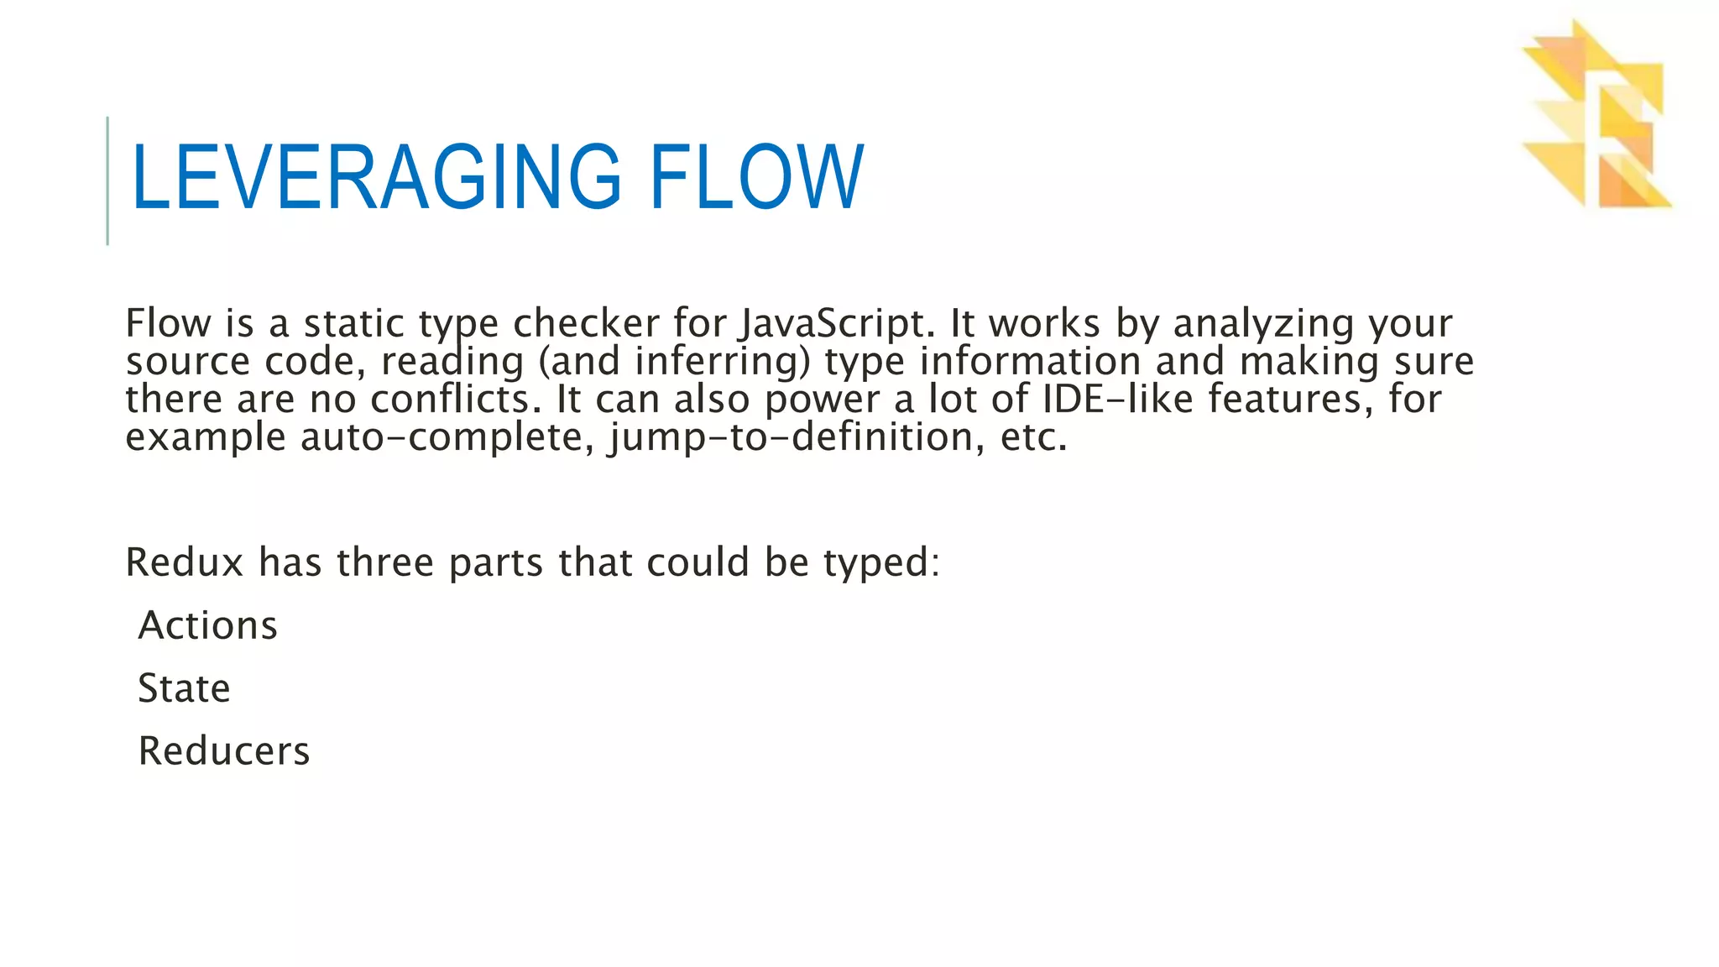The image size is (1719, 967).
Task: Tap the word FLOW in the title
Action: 756,177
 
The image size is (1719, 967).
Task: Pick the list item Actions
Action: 208,625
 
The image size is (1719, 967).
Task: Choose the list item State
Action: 185,688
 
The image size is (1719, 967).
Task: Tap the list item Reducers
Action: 224,751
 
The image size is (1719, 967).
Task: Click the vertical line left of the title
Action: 107,180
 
